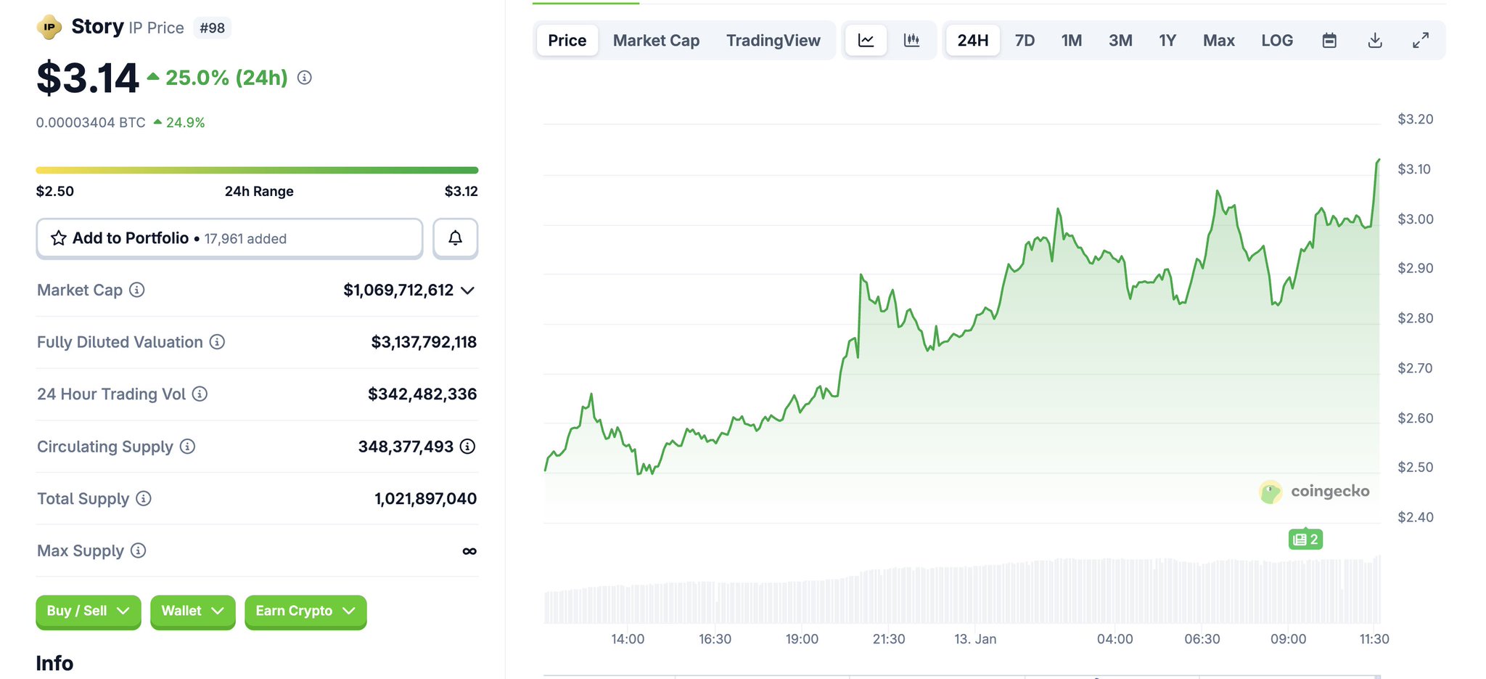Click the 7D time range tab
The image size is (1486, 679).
click(x=1025, y=41)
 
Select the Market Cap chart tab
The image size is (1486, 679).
click(x=656, y=41)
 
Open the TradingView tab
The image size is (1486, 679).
click(x=773, y=41)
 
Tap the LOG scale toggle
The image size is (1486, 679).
click(x=1276, y=41)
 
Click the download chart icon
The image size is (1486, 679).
click(x=1374, y=41)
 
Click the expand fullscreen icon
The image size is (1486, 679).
click(x=1420, y=41)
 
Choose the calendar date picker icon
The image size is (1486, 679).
click(x=1329, y=41)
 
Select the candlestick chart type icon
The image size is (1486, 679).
click(x=911, y=41)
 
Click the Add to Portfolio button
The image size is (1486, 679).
click(x=229, y=238)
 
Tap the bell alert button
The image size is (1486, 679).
click(x=455, y=238)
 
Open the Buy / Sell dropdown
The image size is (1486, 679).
click(x=88, y=611)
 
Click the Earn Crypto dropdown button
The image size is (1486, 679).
click(x=305, y=611)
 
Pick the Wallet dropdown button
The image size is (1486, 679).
click(x=192, y=611)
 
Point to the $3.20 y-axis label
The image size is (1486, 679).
click(x=1415, y=119)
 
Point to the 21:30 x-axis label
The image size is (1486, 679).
click(x=888, y=639)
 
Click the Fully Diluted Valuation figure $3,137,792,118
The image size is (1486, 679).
click(x=424, y=342)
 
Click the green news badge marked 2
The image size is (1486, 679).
click(x=1305, y=540)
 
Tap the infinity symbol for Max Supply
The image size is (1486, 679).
click(x=469, y=551)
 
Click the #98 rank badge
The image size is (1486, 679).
click(x=212, y=28)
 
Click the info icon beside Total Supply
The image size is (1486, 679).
click(x=144, y=498)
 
